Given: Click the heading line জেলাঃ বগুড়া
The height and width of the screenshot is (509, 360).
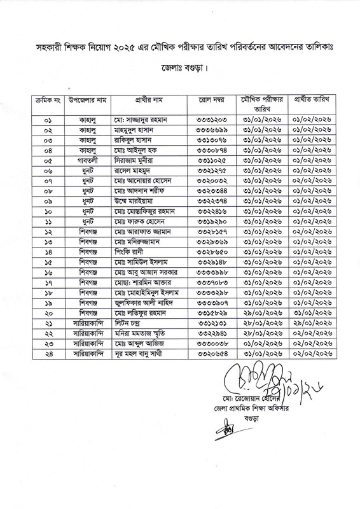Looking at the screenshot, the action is pos(180,67).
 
